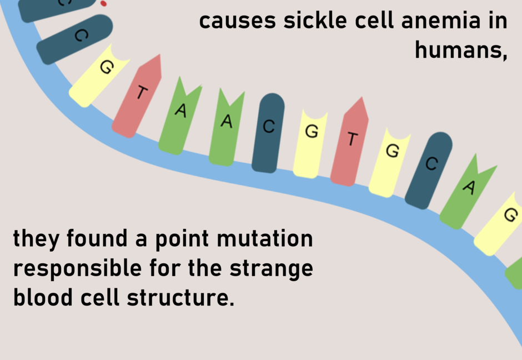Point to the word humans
[x=460, y=51]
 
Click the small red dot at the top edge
[x=103, y=3]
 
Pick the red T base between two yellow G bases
[x=350, y=142]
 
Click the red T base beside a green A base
[x=139, y=96]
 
